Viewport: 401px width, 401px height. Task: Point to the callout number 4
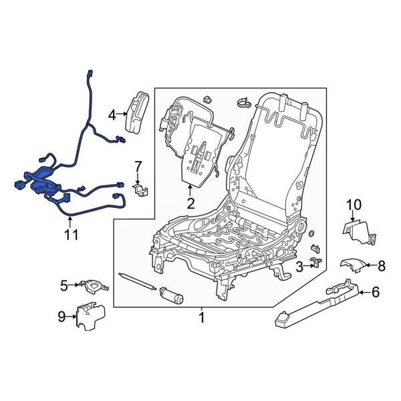pos(112,114)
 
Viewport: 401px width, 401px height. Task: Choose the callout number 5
pos(64,285)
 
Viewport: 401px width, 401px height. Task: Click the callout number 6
pos(375,291)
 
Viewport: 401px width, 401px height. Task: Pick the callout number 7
pos(138,166)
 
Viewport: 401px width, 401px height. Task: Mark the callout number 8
pos(381,266)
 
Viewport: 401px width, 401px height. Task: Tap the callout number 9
pos(61,318)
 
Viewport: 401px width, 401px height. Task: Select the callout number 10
pos(354,204)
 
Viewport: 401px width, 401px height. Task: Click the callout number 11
pos(71,235)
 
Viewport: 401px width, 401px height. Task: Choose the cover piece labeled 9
pos(88,315)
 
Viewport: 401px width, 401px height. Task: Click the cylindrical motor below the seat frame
pos(175,294)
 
